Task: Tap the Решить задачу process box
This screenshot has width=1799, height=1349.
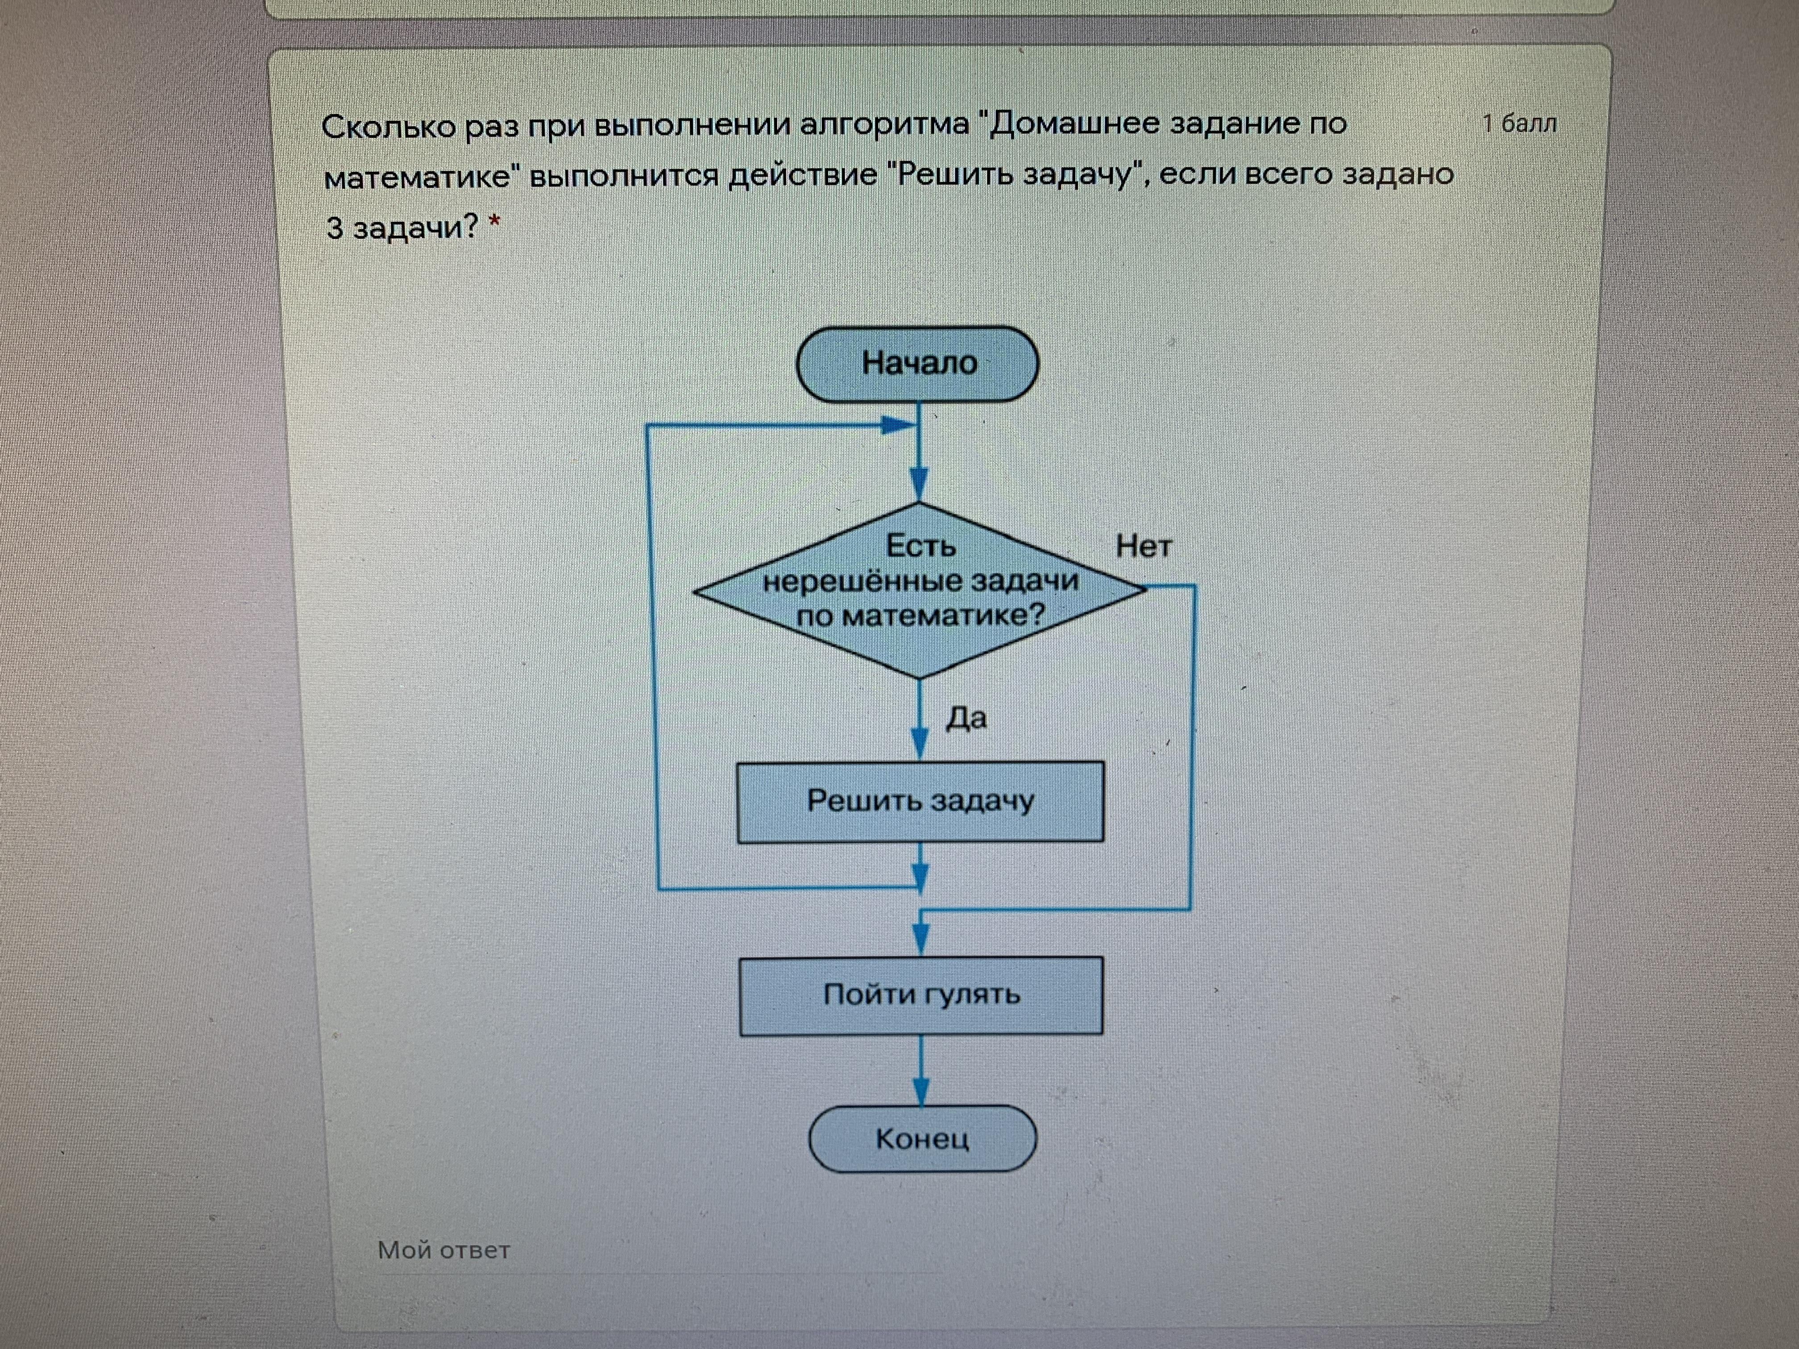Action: pyautogui.click(x=920, y=802)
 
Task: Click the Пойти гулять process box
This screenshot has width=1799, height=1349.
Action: pyautogui.click(x=920, y=995)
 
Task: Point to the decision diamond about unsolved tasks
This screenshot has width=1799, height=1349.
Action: pyautogui.click(x=920, y=590)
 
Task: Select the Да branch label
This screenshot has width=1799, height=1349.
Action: pyautogui.click(x=966, y=718)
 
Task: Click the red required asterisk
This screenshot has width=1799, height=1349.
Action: pyautogui.click(x=493, y=222)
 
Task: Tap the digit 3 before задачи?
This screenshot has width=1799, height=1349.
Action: pyautogui.click(x=334, y=228)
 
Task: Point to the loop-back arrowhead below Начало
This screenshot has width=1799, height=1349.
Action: pyautogui.click(x=899, y=424)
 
